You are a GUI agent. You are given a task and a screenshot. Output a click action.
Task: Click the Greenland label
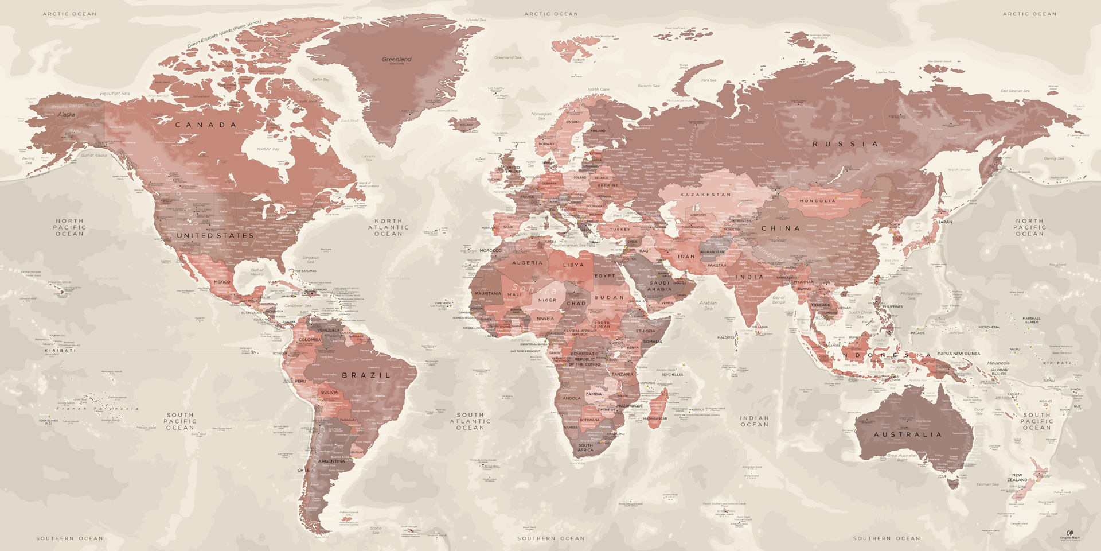397,59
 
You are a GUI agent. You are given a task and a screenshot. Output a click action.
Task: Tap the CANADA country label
206,125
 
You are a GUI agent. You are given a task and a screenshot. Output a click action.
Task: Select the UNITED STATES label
215,235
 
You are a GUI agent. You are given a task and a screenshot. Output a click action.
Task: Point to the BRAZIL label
366,375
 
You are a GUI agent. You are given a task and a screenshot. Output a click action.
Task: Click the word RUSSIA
846,144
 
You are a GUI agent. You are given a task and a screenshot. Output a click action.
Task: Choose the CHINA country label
780,228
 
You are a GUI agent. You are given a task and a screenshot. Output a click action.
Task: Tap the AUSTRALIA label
908,434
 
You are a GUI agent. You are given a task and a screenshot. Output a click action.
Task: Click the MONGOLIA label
818,201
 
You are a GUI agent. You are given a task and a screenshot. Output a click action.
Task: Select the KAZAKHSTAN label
705,195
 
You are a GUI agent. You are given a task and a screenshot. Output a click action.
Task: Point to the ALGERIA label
527,263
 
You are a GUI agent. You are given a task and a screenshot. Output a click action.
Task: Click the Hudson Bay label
268,149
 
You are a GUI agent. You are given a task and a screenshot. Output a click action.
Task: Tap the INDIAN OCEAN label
754,421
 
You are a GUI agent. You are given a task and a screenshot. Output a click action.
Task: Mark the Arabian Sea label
708,305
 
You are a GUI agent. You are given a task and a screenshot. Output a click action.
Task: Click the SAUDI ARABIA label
659,286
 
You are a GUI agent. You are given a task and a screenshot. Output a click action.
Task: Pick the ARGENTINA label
331,461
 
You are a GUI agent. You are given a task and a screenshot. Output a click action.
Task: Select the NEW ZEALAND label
1017,478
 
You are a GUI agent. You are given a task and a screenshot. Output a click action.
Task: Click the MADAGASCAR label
655,418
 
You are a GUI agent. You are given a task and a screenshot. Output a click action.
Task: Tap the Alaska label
67,114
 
